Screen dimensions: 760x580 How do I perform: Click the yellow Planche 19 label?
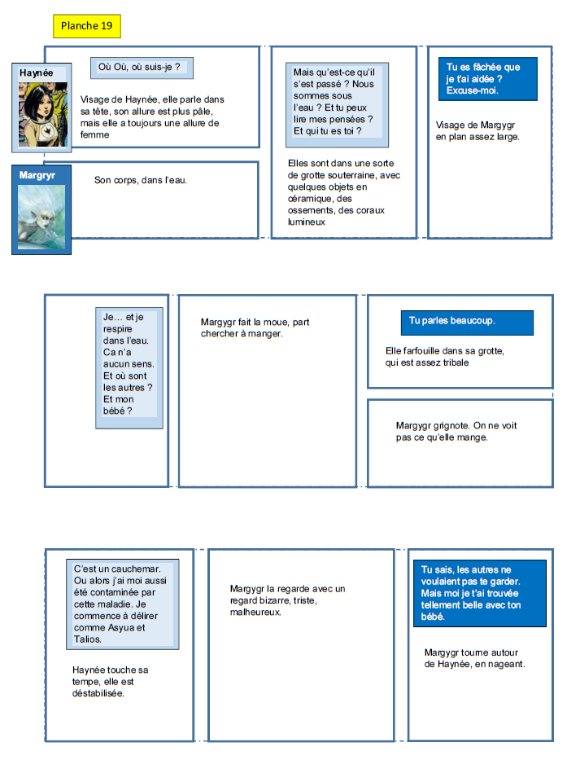pos(87,26)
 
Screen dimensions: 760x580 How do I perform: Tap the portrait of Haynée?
pos(36,115)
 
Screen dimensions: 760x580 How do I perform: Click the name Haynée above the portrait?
pos(36,72)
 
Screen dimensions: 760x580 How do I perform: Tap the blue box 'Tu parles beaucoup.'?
pos(467,322)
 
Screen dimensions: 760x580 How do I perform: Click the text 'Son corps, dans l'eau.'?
pos(141,179)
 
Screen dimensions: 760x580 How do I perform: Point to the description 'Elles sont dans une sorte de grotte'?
pos(337,192)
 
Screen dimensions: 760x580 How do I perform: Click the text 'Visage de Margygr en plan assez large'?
pos(476,130)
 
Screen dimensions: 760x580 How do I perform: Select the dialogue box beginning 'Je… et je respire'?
pos(129,367)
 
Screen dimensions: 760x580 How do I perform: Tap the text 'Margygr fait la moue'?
pos(255,327)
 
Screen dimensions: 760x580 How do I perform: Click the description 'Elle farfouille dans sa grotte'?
pos(445,356)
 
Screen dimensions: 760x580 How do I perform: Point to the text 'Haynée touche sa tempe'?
pos(111,681)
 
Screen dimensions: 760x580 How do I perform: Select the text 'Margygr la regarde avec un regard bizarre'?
pos(288,600)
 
